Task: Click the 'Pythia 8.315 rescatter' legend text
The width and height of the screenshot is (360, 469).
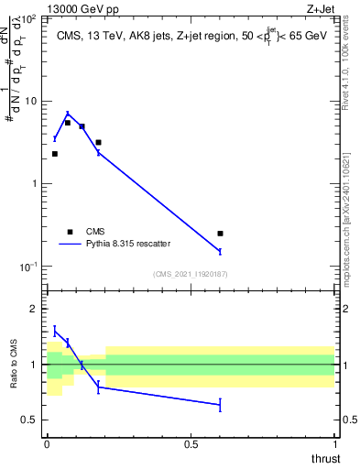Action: tap(132, 245)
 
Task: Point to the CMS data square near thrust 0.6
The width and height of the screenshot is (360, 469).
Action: tap(220, 234)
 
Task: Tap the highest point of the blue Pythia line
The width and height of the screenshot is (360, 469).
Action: tap(68, 115)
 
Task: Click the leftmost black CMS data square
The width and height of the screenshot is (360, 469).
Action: tap(55, 154)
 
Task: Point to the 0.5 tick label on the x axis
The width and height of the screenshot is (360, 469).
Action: tap(191, 444)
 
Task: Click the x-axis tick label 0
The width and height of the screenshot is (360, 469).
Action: tap(47, 444)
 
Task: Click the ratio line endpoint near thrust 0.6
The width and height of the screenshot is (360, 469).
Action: tap(220, 404)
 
